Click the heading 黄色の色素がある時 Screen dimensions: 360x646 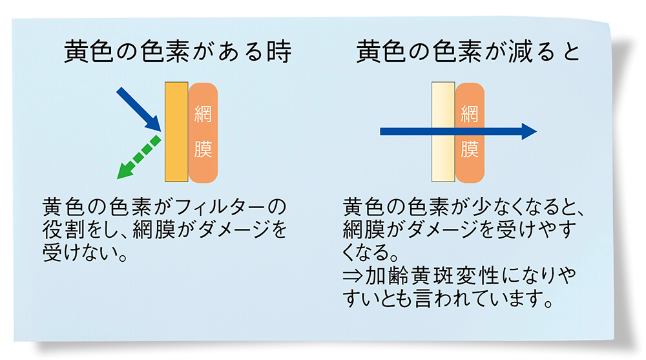[x=178, y=52]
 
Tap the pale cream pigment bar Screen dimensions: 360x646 [x=443, y=132]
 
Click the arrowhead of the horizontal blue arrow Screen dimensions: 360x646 [x=528, y=132]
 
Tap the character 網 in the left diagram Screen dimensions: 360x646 [x=203, y=115]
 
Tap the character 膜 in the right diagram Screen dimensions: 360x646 [x=470, y=150]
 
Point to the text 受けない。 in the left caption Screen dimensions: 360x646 [x=84, y=251]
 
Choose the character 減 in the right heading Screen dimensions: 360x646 [x=504, y=52]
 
